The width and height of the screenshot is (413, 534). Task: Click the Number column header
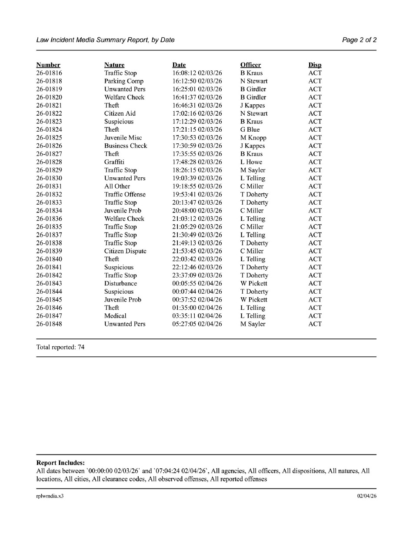48,65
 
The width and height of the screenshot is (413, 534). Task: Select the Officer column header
250,65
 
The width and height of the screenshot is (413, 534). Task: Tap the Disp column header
315,65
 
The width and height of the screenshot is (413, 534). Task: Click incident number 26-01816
49,73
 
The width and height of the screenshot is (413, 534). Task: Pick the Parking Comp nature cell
123,81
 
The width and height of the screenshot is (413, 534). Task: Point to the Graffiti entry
114,162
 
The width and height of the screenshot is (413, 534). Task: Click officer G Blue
250,129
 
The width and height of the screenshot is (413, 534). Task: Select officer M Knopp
253,138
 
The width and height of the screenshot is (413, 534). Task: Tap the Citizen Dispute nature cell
125,251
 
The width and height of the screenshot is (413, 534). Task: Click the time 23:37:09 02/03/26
197,275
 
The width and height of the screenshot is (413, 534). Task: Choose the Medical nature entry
115,316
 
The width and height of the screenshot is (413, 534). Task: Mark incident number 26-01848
49,324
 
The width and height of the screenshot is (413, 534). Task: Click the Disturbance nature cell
120,284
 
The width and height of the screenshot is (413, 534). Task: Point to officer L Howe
251,162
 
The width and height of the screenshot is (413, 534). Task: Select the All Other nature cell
117,186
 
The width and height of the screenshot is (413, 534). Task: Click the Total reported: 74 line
60,348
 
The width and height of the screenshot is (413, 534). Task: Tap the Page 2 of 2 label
359,40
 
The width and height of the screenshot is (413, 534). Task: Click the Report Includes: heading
60,463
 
